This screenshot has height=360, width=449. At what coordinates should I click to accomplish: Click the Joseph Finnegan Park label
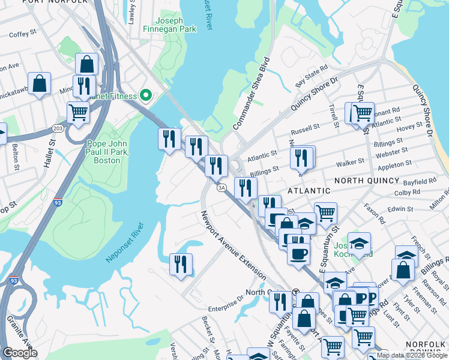[169, 24]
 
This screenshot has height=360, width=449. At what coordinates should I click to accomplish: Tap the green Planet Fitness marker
[145, 95]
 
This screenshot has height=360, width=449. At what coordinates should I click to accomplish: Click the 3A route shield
[221, 188]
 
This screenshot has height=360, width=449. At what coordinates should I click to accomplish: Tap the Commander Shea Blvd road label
[250, 94]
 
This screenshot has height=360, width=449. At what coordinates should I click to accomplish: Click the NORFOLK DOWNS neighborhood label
[424, 344]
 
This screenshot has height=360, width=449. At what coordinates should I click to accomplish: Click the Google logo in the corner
[20, 353]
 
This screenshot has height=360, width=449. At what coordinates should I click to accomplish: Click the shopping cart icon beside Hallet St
[78, 112]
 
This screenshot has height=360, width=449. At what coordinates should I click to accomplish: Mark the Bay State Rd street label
[312, 74]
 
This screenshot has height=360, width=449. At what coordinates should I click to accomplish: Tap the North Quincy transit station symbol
[296, 292]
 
